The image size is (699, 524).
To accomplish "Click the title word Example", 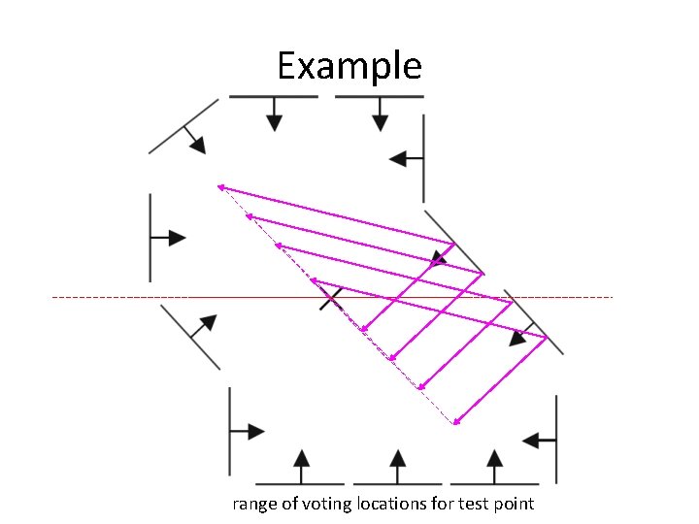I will coord(349,67).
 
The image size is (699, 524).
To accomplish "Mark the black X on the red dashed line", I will coord(331,298).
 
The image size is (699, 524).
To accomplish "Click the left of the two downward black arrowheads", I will coord(275,121).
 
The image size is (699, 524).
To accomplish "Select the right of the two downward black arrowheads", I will coord(380,121).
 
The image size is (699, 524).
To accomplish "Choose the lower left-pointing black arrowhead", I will coord(532,441).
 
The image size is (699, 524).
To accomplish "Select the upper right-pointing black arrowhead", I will coord(177,237).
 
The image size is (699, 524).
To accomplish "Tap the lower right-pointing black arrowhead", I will coord(255,431).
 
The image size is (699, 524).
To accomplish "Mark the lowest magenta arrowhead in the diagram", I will coord(455,421).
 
